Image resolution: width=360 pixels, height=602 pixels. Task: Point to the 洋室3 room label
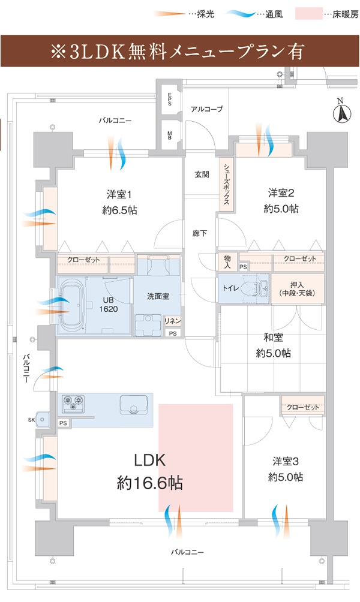[x=287, y=462]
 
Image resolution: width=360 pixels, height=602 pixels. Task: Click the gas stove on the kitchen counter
[x=75, y=403]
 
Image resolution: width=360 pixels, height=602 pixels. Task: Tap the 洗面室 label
[x=157, y=296]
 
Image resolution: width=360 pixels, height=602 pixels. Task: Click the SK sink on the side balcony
[x=44, y=420]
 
